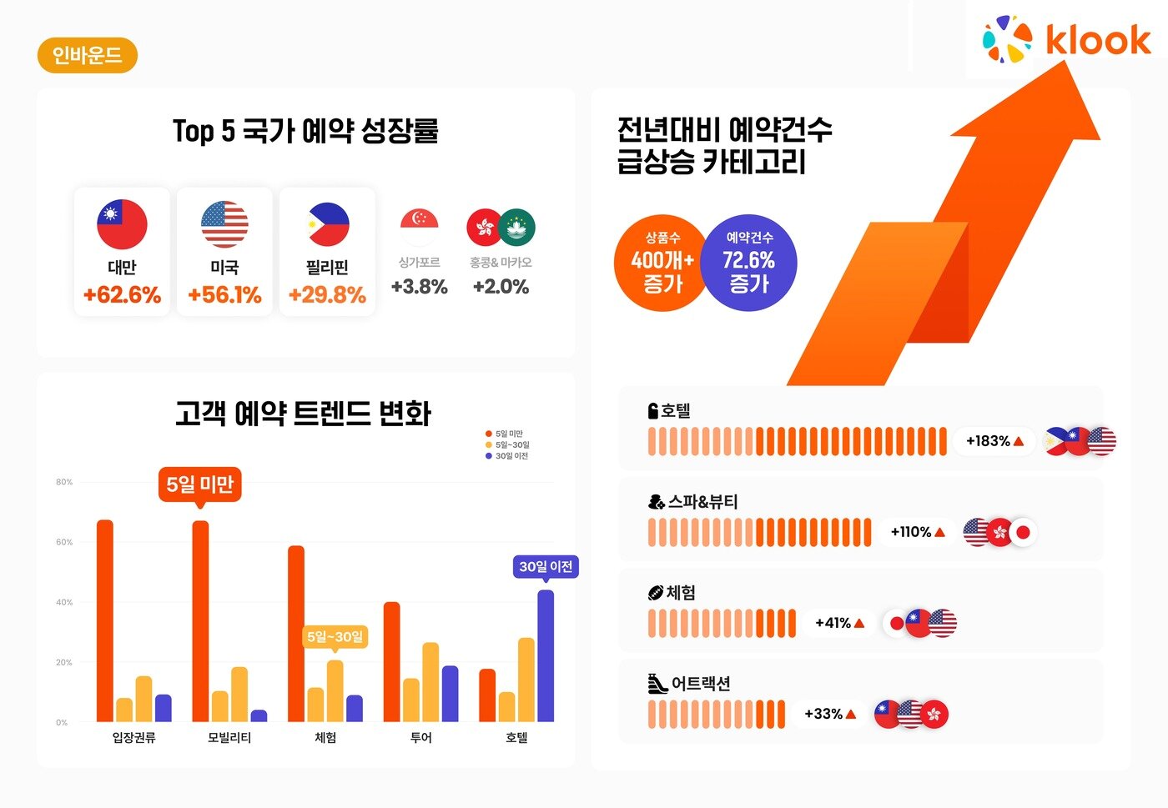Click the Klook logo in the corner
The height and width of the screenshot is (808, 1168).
pyautogui.click(x=1066, y=40)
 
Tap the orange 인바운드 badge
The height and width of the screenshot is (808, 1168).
pyautogui.click(x=87, y=56)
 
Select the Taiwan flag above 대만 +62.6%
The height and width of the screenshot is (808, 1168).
pyautogui.click(x=122, y=224)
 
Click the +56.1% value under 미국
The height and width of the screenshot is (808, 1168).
pyautogui.click(x=224, y=295)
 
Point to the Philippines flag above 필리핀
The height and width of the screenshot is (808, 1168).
pyautogui.click(x=328, y=224)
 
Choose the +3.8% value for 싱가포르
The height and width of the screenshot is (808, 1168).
pyautogui.click(x=419, y=287)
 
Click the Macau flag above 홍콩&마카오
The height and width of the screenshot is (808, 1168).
pyautogui.click(x=517, y=228)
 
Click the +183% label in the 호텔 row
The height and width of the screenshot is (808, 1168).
pyautogui.click(x=994, y=441)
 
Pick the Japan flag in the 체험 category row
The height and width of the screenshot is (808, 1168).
pyautogui.click(x=896, y=623)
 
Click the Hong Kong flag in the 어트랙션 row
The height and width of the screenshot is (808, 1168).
pyautogui.click(x=934, y=714)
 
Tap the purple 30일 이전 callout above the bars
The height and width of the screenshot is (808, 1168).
pyautogui.click(x=546, y=567)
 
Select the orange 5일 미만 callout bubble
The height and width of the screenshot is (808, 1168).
pyautogui.click(x=199, y=484)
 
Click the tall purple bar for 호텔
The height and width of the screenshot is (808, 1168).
pyautogui.click(x=546, y=655)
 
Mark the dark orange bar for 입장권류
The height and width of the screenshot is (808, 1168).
pyautogui.click(x=105, y=620)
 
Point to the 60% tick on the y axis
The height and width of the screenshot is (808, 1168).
pyautogui.click(x=64, y=542)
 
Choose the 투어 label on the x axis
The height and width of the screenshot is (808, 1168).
pyautogui.click(x=421, y=738)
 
